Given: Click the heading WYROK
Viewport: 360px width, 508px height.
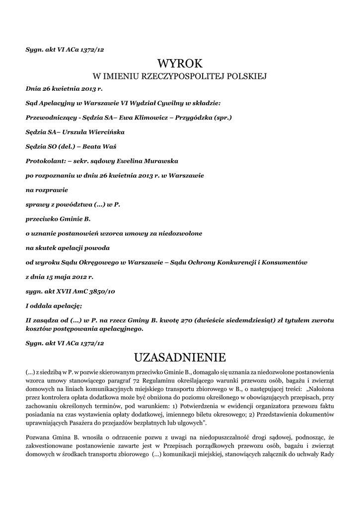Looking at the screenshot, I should coord(180,63).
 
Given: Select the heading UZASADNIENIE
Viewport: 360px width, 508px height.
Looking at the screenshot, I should coord(180,357).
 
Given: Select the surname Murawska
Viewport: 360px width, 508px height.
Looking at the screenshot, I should coord(156,161).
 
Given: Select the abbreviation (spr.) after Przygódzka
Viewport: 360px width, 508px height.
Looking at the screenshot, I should coord(222,118).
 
